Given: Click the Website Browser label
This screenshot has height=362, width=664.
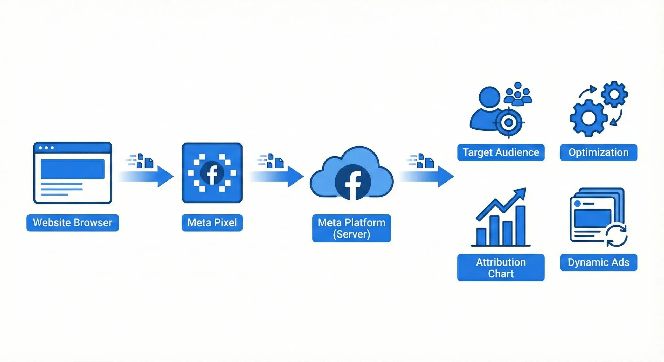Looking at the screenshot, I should (73, 223).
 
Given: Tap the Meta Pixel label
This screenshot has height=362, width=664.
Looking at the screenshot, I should (212, 223).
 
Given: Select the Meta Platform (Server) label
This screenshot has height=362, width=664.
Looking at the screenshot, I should (351, 228).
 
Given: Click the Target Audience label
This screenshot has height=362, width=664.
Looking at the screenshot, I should (501, 152).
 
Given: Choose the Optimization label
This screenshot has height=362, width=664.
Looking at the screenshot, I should (598, 152).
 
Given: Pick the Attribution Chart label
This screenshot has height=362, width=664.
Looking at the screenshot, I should (501, 268).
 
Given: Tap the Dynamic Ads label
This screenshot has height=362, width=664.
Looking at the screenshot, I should (598, 262).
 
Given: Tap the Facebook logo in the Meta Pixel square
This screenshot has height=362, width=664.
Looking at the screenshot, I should (212, 173).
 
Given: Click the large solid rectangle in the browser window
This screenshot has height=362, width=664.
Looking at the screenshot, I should (73, 169).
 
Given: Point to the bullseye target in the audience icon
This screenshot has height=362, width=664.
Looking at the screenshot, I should (509, 122).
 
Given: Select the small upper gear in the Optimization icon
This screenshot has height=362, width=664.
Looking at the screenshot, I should (614, 94).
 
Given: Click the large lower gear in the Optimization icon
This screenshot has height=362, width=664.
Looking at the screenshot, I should (589, 118).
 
